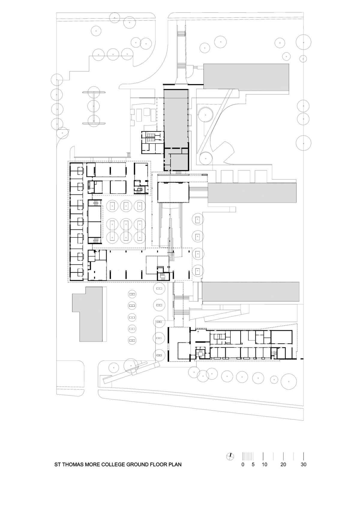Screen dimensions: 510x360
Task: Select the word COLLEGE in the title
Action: click(x=111, y=465)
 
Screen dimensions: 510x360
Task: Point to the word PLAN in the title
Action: click(x=175, y=465)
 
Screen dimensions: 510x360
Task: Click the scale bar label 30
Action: click(x=304, y=465)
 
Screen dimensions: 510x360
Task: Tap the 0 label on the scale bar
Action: click(x=243, y=465)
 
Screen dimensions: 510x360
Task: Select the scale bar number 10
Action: click(x=264, y=465)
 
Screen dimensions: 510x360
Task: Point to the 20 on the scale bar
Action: click(x=283, y=465)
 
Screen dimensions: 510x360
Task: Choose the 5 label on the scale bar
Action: click(x=253, y=465)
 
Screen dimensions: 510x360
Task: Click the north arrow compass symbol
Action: click(x=230, y=456)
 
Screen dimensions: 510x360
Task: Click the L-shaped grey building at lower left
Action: click(x=90, y=318)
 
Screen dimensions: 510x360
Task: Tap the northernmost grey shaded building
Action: click(x=246, y=76)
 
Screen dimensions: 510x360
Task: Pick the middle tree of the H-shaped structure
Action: click(x=94, y=105)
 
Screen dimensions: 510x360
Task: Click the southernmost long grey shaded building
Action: click(x=250, y=291)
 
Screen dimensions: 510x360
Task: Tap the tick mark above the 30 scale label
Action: click(x=304, y=456)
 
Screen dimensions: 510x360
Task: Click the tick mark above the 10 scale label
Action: click(x=263, y=456)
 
